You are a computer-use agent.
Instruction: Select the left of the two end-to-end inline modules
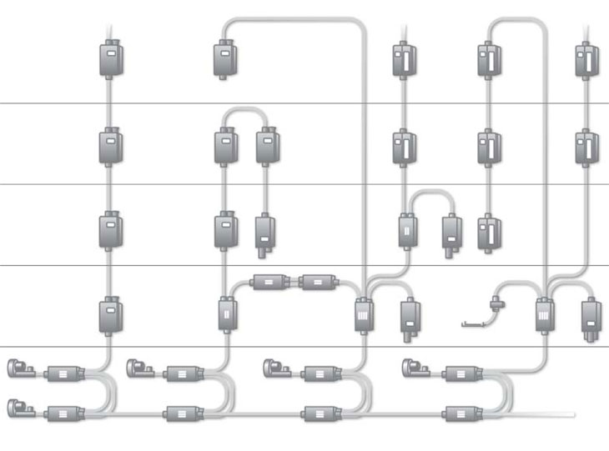pos(269,282)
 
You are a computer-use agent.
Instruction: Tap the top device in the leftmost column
pos(111,59)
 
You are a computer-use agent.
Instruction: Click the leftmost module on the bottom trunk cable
pos(63,412)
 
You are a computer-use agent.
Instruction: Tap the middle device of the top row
pos(404,59)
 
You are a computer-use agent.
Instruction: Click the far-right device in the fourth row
pos(591,317)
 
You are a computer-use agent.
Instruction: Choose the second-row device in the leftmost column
pos(111,147)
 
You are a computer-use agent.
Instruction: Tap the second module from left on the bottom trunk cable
pos(179,412)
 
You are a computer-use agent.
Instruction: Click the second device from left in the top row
pos(223,59)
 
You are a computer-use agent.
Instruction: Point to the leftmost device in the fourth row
pos(111,315)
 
